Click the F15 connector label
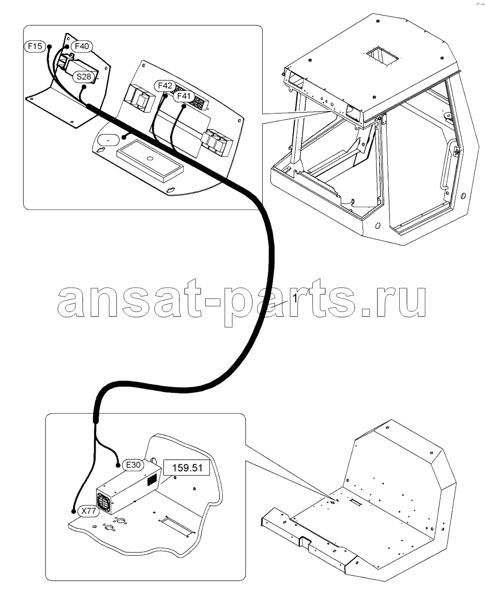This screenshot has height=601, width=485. coord(35,46)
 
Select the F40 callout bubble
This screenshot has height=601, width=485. coord(82,46)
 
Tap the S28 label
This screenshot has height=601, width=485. coord(84,76)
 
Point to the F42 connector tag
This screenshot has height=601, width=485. coord(165,86)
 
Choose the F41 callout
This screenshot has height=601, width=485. coord(184,96)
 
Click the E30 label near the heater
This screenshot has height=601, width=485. coord(133,465)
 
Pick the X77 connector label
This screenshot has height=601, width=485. coord(88,511)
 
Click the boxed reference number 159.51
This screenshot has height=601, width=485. coord(187,468)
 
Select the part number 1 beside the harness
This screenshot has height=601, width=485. coord(295,298)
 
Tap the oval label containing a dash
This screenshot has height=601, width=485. coord(108,140)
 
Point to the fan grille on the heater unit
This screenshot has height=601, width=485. coord(103,501)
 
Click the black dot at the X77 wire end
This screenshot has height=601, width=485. coord(73,511)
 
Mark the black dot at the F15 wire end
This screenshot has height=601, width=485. coord(50,47)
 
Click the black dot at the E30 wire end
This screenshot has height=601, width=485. coord(118,465)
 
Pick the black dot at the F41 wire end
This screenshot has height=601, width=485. coord(184,107)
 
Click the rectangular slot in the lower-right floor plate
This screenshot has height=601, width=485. coord(355,501)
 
